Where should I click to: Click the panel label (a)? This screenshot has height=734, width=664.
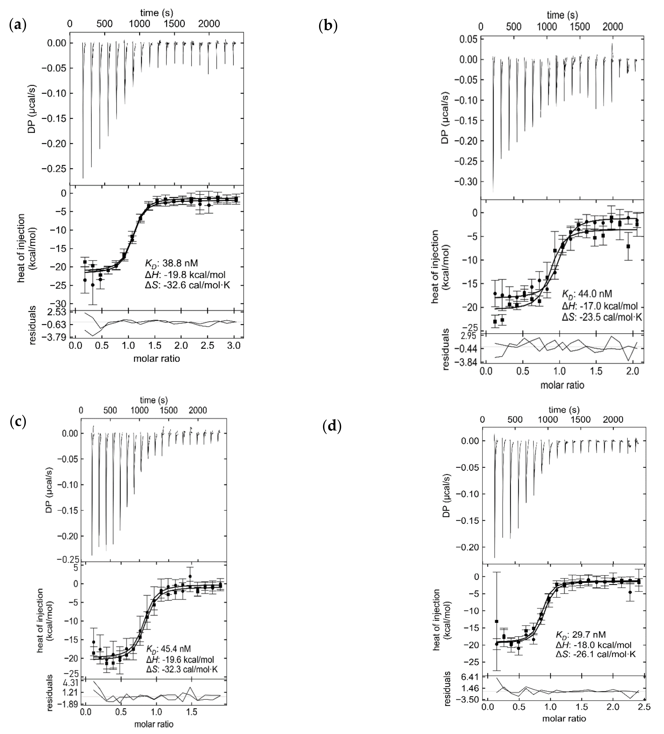[x=17, y=25]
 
